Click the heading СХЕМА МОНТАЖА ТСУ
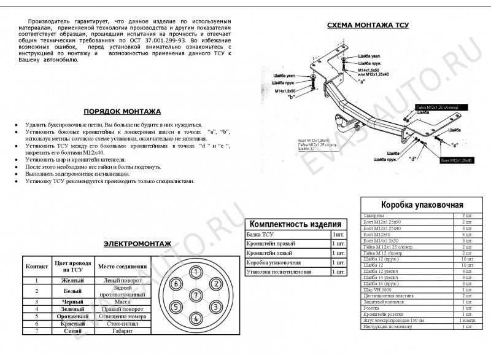click(368, 25)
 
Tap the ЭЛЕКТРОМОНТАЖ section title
click(137, 244)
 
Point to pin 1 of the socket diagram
click(195, 272)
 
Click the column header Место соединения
click(123, 267)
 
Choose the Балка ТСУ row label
click(260, 235)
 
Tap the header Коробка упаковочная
click(422, 205)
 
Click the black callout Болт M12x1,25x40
click(457, 160)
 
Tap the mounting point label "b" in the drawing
click(292, 96)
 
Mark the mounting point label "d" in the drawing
click(413, 158)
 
